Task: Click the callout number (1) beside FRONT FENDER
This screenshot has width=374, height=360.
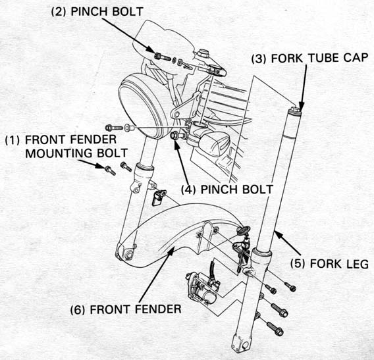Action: click(12, 140)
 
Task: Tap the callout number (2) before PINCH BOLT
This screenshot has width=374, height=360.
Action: click(59, 12)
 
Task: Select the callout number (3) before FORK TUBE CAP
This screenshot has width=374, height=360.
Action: click(259, 59)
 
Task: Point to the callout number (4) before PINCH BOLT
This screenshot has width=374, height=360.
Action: click(188, 190)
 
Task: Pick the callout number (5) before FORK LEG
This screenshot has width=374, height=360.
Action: click(298, 264)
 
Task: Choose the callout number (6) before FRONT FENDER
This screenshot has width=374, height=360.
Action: click(77, 310)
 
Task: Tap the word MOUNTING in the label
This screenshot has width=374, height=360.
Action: click(58, 153)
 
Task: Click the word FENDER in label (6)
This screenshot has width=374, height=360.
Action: click(158, 309)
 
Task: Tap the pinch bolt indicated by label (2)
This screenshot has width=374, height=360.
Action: click(162, 57)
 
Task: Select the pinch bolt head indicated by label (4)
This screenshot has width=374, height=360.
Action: click(174, 136)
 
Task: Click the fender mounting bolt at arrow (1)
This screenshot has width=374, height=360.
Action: click(110, 170)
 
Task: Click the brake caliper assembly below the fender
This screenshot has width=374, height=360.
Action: click(203, 288)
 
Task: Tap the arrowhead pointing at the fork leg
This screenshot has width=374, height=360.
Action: click(279, 235)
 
